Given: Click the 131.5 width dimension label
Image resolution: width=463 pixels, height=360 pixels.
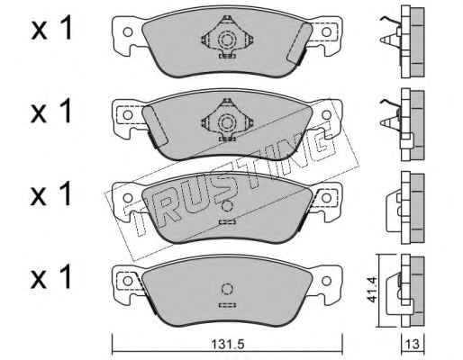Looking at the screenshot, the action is point(228,344).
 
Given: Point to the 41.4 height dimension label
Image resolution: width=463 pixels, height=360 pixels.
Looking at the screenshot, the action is point(372,290).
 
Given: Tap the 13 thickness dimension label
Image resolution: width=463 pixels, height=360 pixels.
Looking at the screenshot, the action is point(413,344).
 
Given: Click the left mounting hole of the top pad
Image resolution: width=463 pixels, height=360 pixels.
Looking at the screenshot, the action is point(128,32).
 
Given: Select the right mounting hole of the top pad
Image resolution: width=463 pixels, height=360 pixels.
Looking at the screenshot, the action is point(326,32).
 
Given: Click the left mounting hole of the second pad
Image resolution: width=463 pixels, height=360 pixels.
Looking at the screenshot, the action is point(128,115).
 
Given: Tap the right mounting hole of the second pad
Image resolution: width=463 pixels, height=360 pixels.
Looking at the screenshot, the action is point(326,115).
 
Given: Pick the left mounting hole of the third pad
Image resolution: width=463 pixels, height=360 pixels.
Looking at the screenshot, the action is point(128,198).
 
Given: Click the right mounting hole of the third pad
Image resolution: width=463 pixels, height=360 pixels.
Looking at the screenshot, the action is point(326,198).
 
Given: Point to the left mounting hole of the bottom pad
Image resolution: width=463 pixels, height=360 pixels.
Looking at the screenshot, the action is point(128,281).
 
